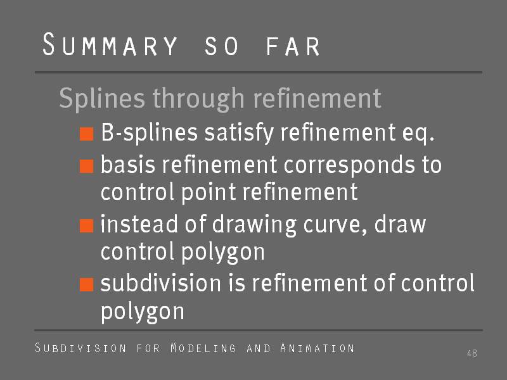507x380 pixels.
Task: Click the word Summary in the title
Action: click(110, 44)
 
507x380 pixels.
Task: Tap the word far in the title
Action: click(293, 46)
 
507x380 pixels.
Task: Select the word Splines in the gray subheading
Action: click(102, 99)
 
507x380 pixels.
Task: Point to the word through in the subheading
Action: click(198, 99)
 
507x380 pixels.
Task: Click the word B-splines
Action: click(149, 133)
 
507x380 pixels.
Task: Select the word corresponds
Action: click(349, 165)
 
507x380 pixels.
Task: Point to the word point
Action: click(209, 193)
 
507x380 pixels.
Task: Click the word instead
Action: click(139, 224)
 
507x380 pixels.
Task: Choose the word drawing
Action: click(254, 225)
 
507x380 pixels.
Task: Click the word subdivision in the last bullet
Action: click(161, 282)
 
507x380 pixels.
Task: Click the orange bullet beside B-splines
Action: click(87, 134)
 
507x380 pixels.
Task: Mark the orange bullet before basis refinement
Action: click(87, 166)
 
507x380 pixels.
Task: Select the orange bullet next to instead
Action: click(87, 225)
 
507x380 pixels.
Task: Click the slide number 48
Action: click(472, 353)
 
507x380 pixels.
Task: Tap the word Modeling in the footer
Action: click(203, 348)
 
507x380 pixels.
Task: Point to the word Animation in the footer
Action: click(318, 348)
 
